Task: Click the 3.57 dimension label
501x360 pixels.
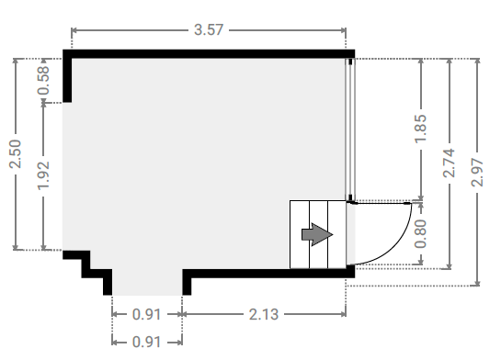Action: tap(209, 30)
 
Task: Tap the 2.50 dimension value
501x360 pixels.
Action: tap(16, 154)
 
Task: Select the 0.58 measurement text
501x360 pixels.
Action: tap(43, 80)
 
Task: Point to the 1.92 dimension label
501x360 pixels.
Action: tap(43, 175)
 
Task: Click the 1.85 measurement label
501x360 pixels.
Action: tap(420, 129)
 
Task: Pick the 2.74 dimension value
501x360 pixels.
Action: tap(449, 163)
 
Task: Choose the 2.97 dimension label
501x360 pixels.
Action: tap(477, 173)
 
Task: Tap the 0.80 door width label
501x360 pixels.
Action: tap(420, 234)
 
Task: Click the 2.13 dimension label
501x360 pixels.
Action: tap(264, 315)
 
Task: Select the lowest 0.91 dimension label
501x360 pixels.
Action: tap(147, 343)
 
